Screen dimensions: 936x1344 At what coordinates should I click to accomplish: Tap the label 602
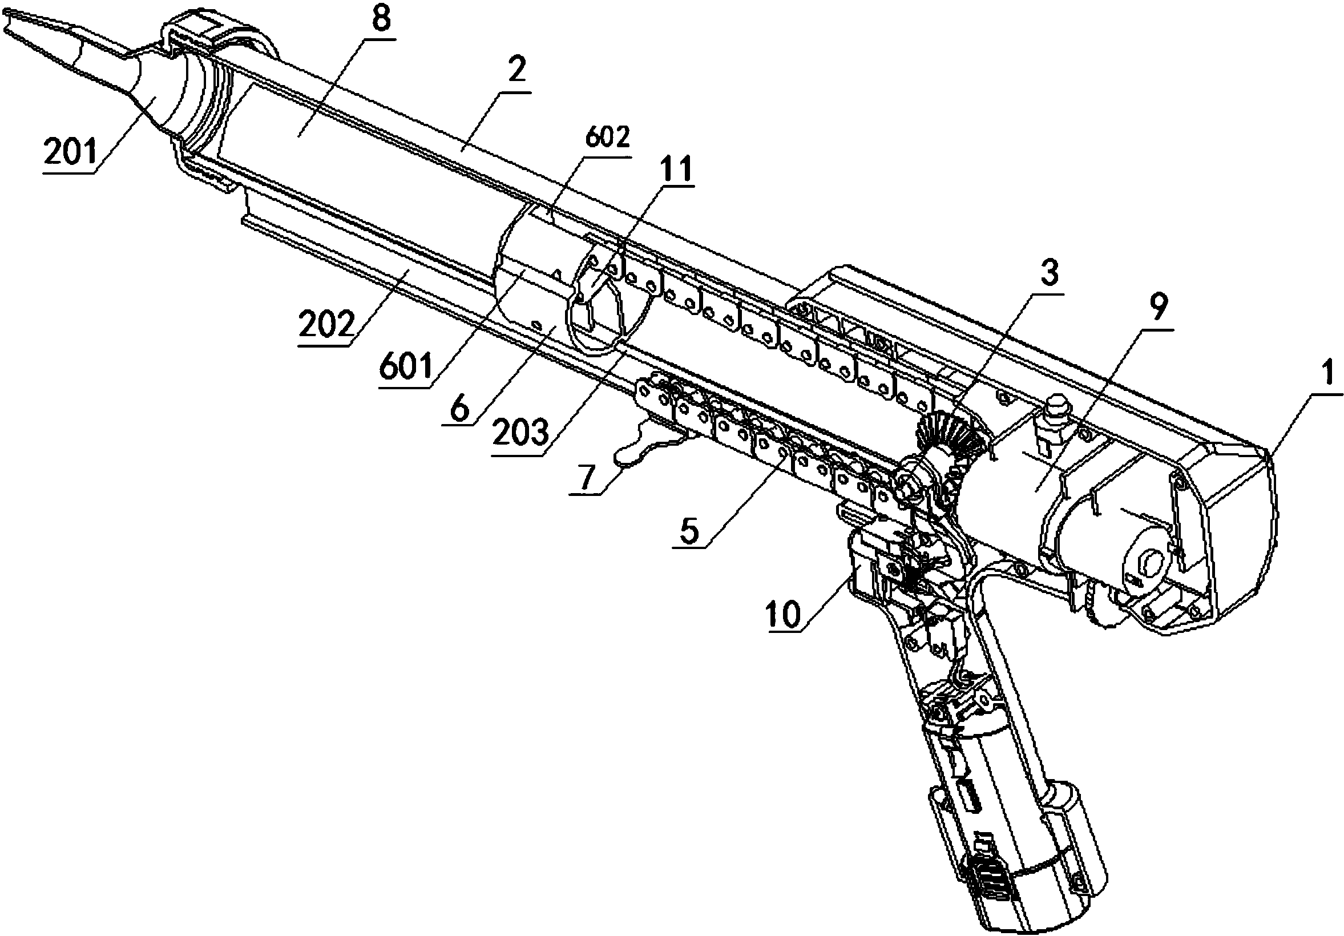pyautogui.click(x=607, y=138)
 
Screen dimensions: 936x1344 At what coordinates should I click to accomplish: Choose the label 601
pyautogui.click(x=406, y=368)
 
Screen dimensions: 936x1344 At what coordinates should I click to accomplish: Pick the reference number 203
pyautogui.click(x=520, y=434)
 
